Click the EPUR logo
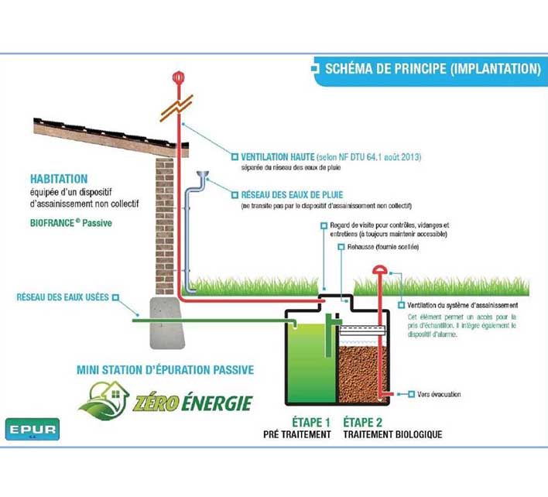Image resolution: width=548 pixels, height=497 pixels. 32,428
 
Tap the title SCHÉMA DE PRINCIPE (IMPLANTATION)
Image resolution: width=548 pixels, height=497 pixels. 431,69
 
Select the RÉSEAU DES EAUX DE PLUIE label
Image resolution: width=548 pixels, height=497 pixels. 287,195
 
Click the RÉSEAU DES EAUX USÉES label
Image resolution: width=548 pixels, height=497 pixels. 63,297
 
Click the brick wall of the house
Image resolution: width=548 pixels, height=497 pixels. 164,225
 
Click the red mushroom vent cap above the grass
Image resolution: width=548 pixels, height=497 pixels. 381,269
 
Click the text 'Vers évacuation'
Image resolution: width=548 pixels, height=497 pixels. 438,395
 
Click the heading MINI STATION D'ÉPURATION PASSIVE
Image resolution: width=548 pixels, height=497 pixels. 166,370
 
